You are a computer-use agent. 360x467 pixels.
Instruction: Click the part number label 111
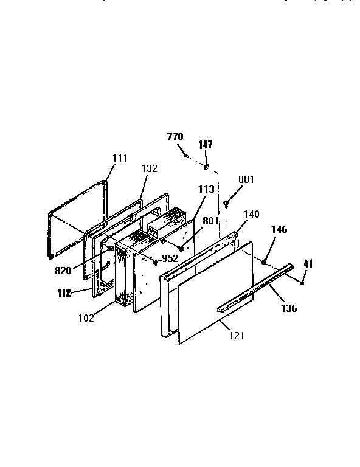(120, 159)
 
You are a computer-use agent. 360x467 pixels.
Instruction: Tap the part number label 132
(150, 169)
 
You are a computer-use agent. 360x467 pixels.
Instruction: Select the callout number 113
(206, 190)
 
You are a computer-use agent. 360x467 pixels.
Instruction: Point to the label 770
(175, 137)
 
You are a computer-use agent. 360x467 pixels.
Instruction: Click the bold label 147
(206, 144)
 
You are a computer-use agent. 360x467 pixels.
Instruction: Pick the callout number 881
(246, 180)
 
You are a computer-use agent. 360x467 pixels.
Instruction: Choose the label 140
(251, 214)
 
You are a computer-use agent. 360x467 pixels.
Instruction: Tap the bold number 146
(279, 230)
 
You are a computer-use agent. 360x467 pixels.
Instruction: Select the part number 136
(289, 308)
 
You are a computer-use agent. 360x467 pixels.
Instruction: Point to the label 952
(170, 258)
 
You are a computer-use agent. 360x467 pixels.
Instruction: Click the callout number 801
(210, 221)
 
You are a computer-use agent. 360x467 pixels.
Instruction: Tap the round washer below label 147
(206, 167)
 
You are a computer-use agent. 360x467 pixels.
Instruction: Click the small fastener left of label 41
(302, 282)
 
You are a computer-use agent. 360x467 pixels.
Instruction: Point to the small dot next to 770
(186, 156)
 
